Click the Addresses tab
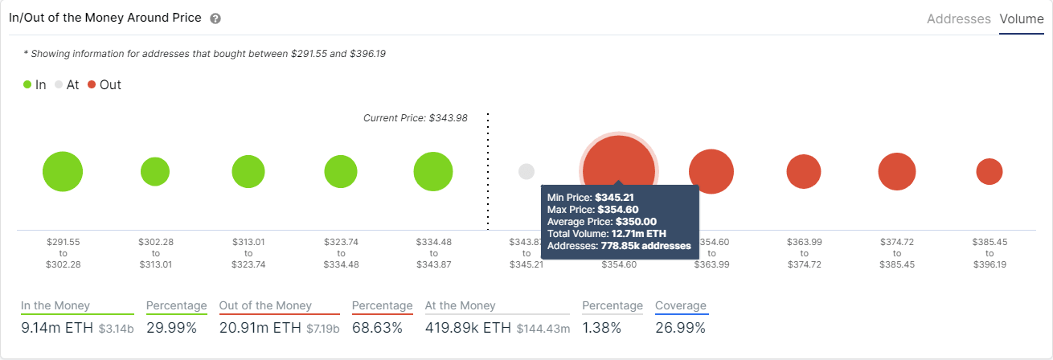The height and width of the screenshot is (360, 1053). [x=958, y=18]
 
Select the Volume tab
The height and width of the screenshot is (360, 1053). [x=1022, y=18]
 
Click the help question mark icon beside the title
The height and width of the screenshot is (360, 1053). [x=215, y=18]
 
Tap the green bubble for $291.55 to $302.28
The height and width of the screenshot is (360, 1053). [x=63, y=171]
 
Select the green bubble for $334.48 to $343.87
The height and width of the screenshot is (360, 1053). [x=433, y=171]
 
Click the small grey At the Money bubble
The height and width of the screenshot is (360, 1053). [x=526, y=171]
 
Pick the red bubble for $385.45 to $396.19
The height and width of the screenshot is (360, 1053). [x=989, y=171]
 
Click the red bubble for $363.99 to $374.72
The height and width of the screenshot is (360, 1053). [x=803, y=171]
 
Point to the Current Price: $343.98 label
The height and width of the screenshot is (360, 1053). [x=415, y=118]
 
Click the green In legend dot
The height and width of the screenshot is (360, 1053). [x=27, y=84]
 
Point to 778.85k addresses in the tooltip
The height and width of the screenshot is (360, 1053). [x=645, y=246]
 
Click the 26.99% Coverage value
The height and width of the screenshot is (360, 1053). [x=680, y=327]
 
